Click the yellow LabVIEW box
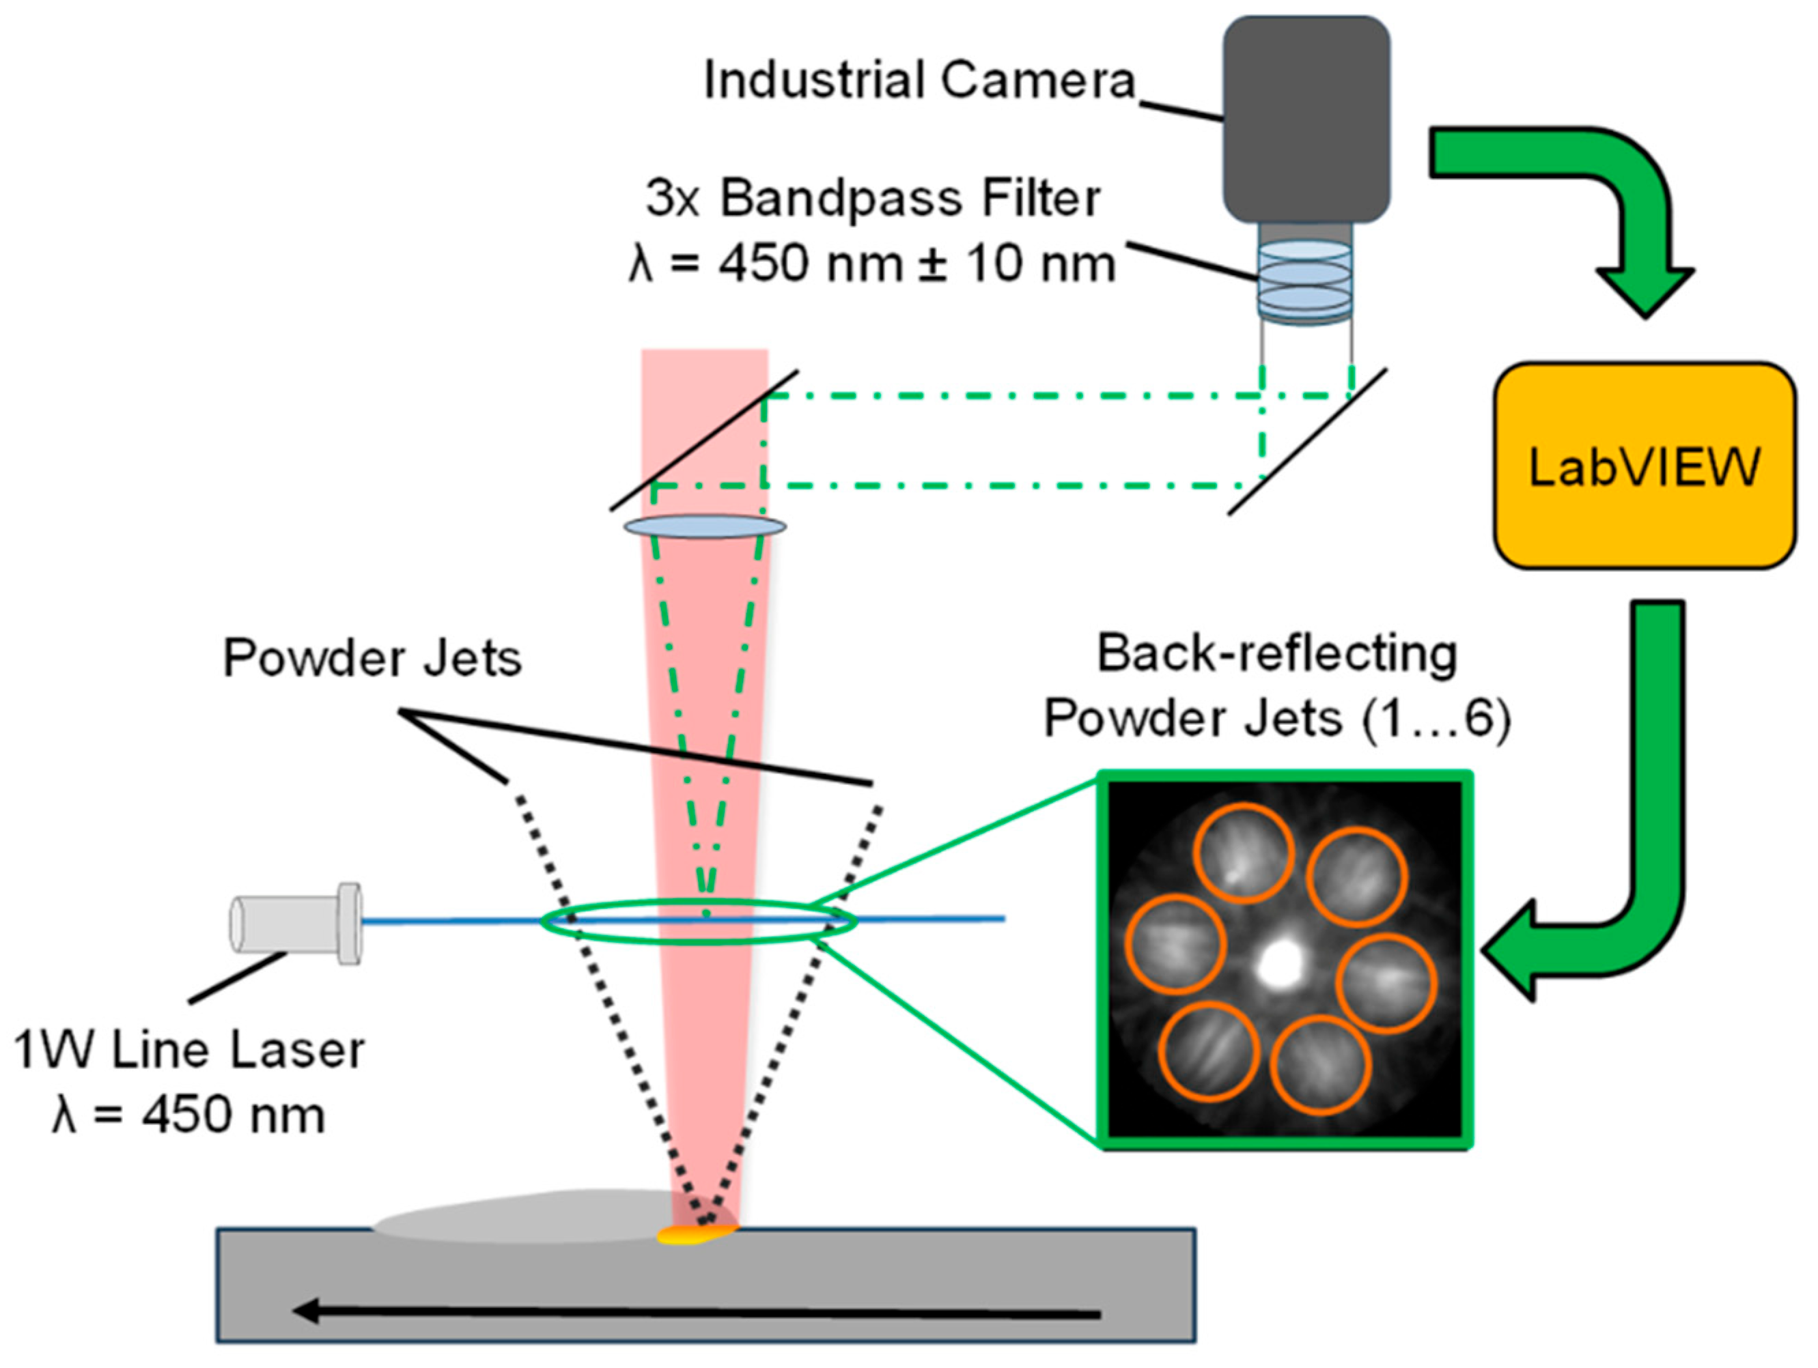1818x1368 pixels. [x=1644, y=466]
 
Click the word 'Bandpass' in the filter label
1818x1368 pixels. [x=840, y=199]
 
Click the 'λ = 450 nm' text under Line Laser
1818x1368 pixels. [x=189, y=1115]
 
